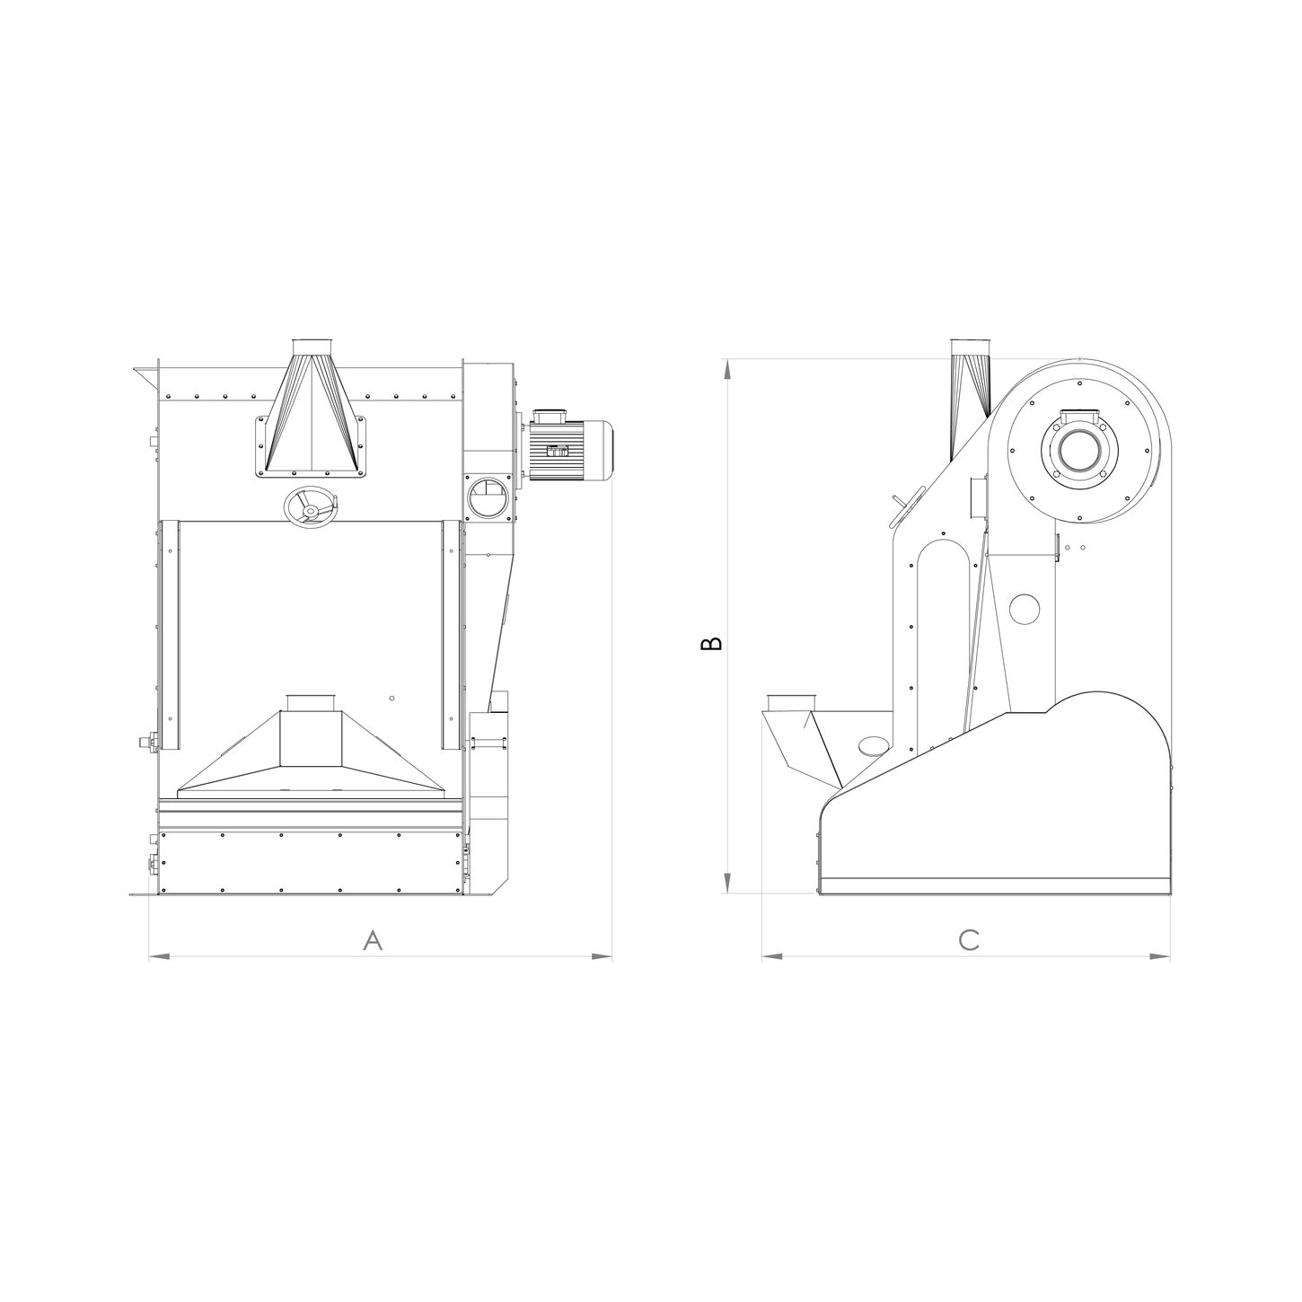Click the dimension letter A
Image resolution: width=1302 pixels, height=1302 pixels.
(373, 940)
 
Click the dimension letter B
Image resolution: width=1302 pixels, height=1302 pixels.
(711, 643)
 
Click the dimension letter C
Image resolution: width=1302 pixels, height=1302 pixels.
(969, 940)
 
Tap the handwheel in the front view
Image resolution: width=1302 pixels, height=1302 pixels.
(310, 506)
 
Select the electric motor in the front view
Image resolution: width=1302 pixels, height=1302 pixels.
(567, 445)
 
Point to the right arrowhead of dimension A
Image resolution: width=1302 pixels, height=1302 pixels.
(602, 956)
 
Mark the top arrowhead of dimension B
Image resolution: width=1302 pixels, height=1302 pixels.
(727, 369)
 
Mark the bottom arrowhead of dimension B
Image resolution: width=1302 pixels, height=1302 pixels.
(727, 883)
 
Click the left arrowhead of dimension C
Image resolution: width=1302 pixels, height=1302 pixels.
(772, 956)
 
